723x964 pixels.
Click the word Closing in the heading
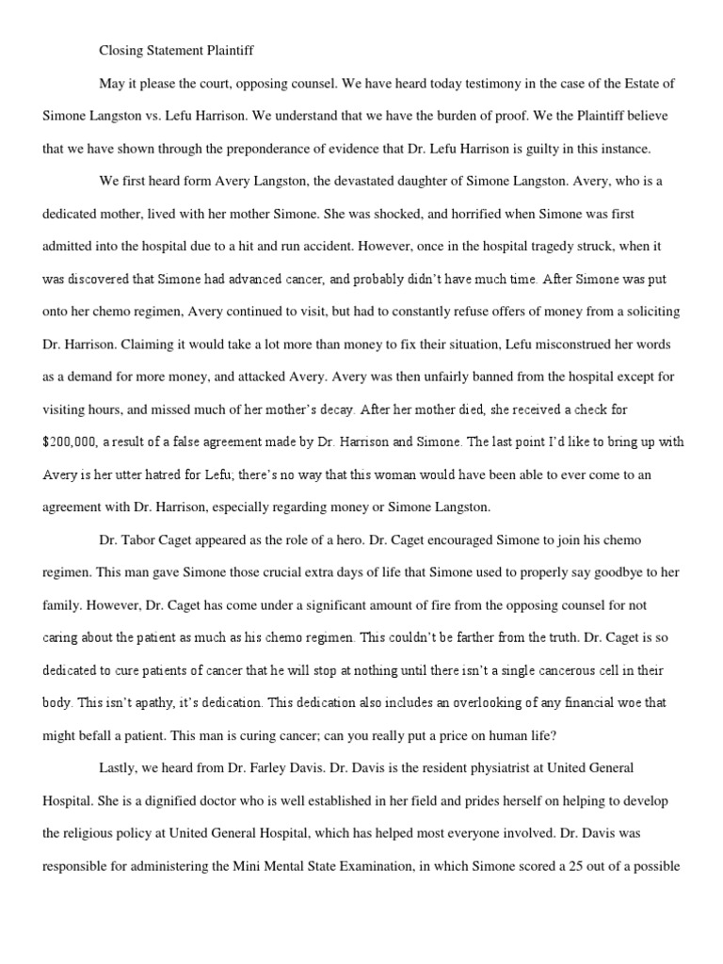[x=121, y=51]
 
